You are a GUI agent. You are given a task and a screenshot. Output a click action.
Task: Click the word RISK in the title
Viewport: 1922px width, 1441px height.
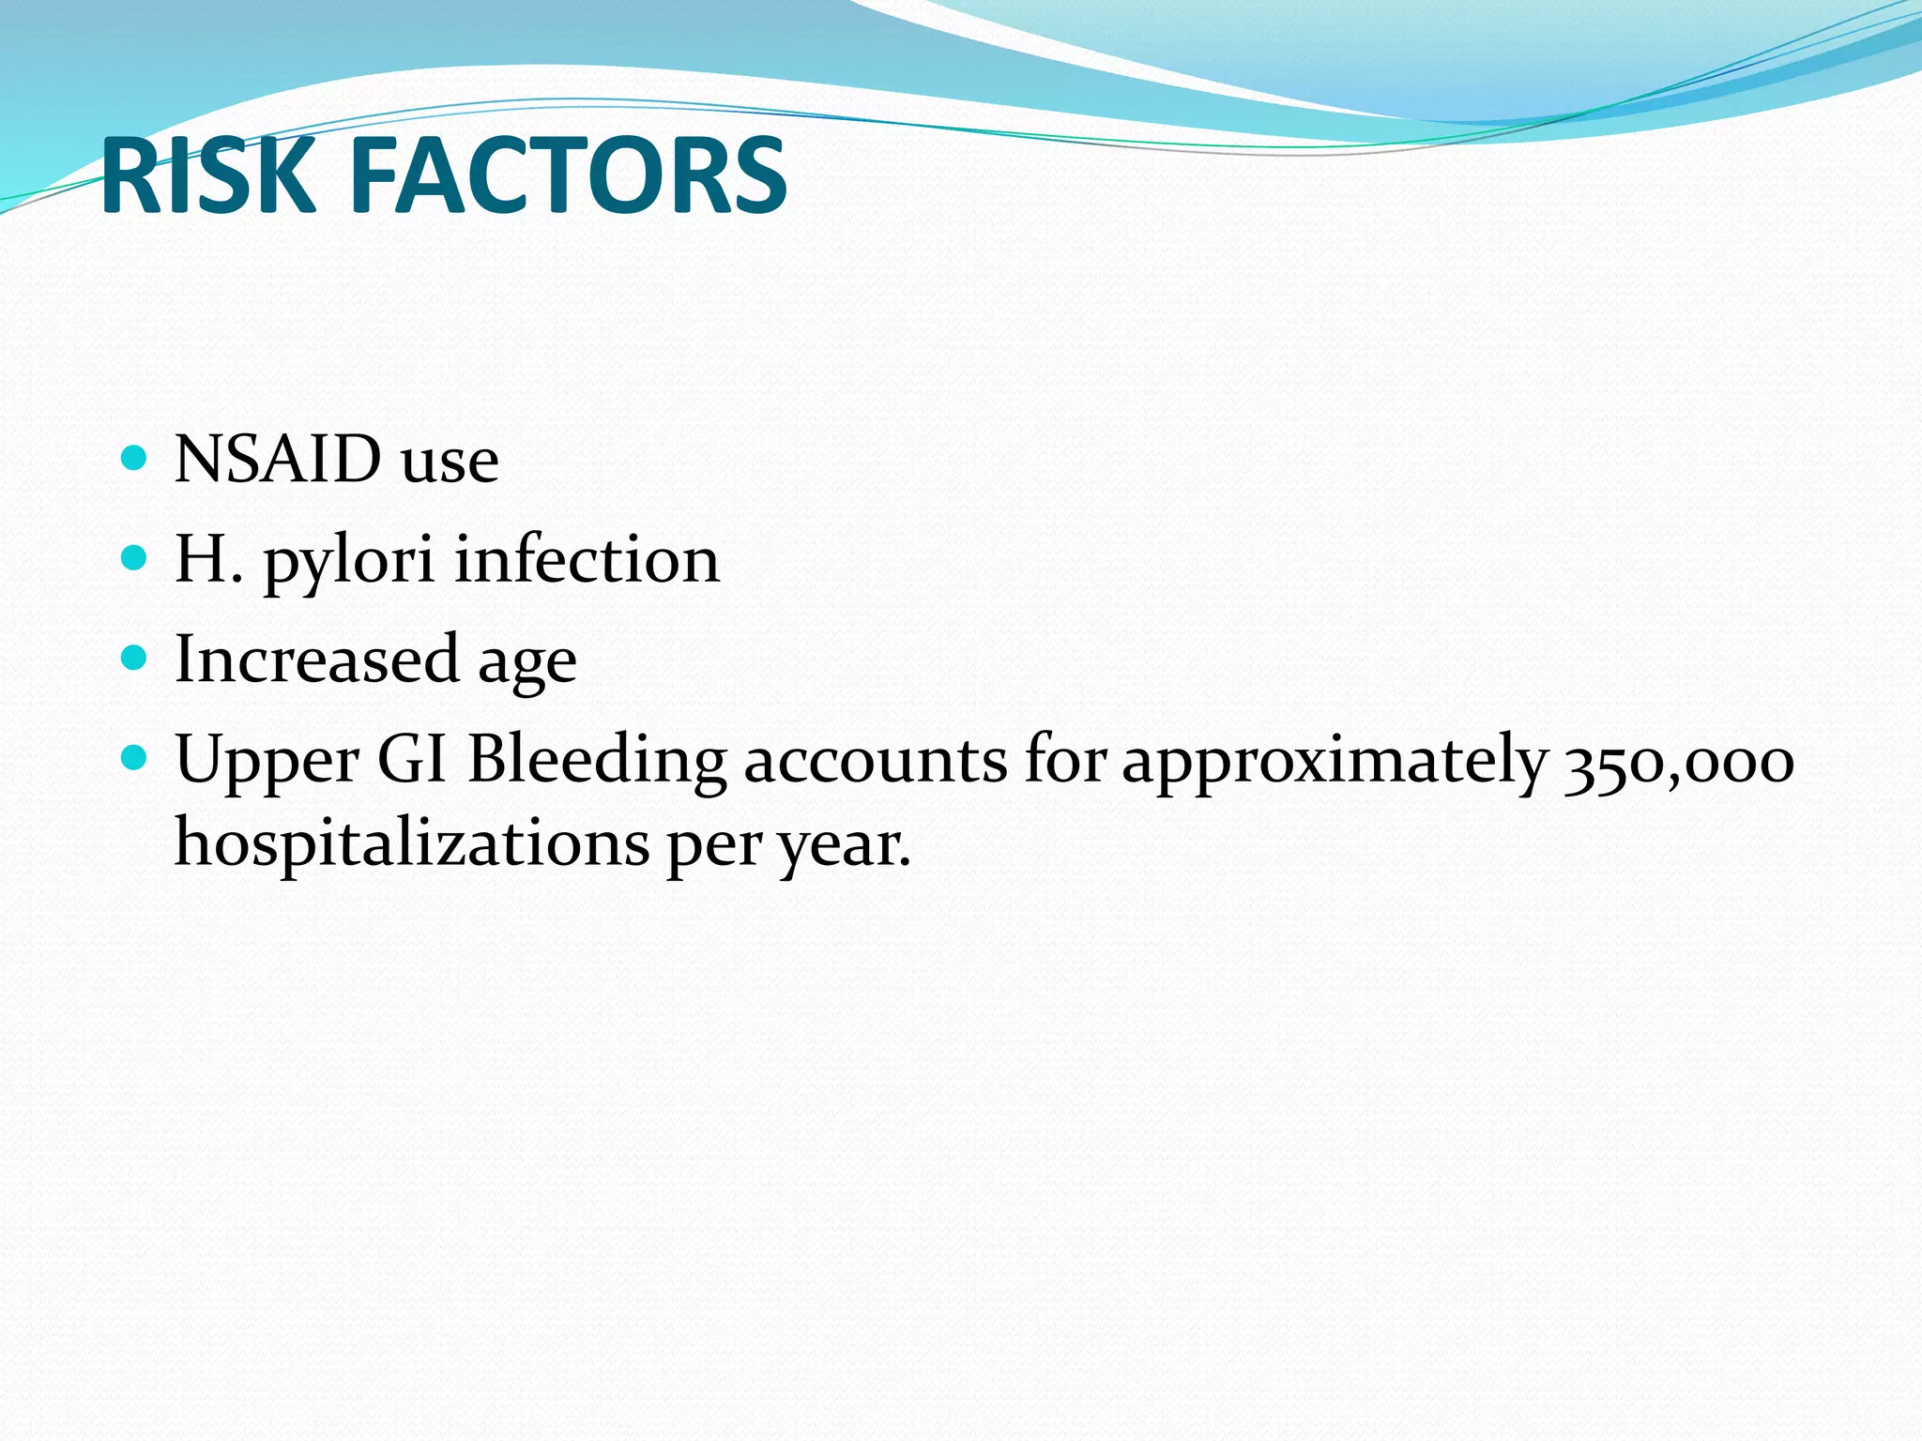click(207, 175)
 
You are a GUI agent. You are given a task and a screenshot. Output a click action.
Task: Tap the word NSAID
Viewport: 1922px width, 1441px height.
click(278, 459)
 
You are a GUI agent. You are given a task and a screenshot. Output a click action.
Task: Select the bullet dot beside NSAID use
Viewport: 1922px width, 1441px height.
click(135, 458)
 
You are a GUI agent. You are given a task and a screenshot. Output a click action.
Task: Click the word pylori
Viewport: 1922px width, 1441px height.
click(348, 561)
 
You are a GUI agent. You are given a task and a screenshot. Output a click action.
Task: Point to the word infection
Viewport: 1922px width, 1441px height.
click(587, 559)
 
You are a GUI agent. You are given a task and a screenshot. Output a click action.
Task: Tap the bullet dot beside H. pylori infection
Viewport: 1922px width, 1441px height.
click(135, 558)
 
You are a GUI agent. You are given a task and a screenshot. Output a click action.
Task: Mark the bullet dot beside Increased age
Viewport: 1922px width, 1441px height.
click(135, 658)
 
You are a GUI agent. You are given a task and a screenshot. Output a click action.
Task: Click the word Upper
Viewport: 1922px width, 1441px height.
click(267, 760)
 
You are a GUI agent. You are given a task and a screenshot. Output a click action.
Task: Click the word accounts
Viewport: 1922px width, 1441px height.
click(876, 760)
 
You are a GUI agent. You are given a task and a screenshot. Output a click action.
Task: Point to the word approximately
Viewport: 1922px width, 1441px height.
click(1334, 760)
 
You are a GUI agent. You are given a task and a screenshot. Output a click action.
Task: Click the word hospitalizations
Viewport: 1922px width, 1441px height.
click(412, 842)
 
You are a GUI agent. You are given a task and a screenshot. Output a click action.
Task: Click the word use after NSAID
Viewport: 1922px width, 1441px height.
click(450, 461)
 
